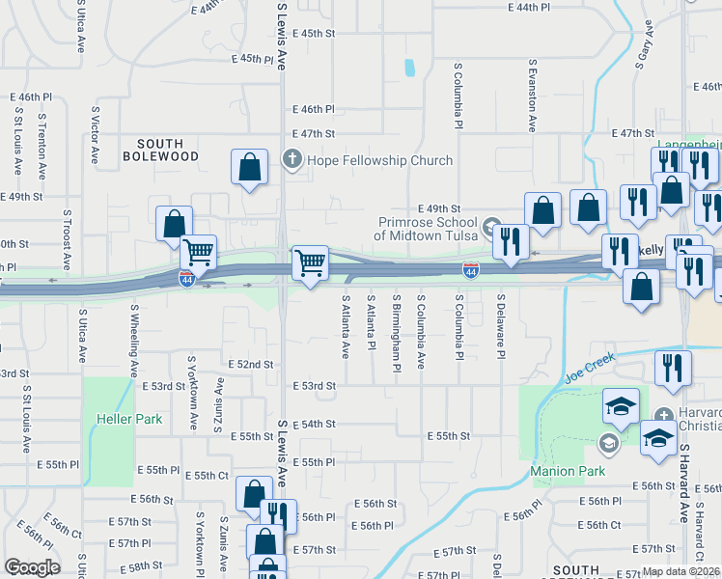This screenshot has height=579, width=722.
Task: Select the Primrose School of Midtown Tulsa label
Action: point(426,229)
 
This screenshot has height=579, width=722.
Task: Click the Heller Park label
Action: point(129,419)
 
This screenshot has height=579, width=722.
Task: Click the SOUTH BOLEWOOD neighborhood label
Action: point(160,150)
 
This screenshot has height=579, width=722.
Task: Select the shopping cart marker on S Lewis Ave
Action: point(310,262)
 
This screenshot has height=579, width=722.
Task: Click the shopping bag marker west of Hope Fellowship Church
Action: point(250,167)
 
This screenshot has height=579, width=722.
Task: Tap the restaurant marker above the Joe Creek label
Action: point(673,368)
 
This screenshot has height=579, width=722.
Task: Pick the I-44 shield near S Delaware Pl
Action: point(470,268)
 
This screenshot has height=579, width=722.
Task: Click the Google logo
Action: point(32,567)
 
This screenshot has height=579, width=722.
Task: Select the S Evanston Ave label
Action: point(531,95)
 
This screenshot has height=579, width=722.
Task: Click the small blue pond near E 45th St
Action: point(410,69)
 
